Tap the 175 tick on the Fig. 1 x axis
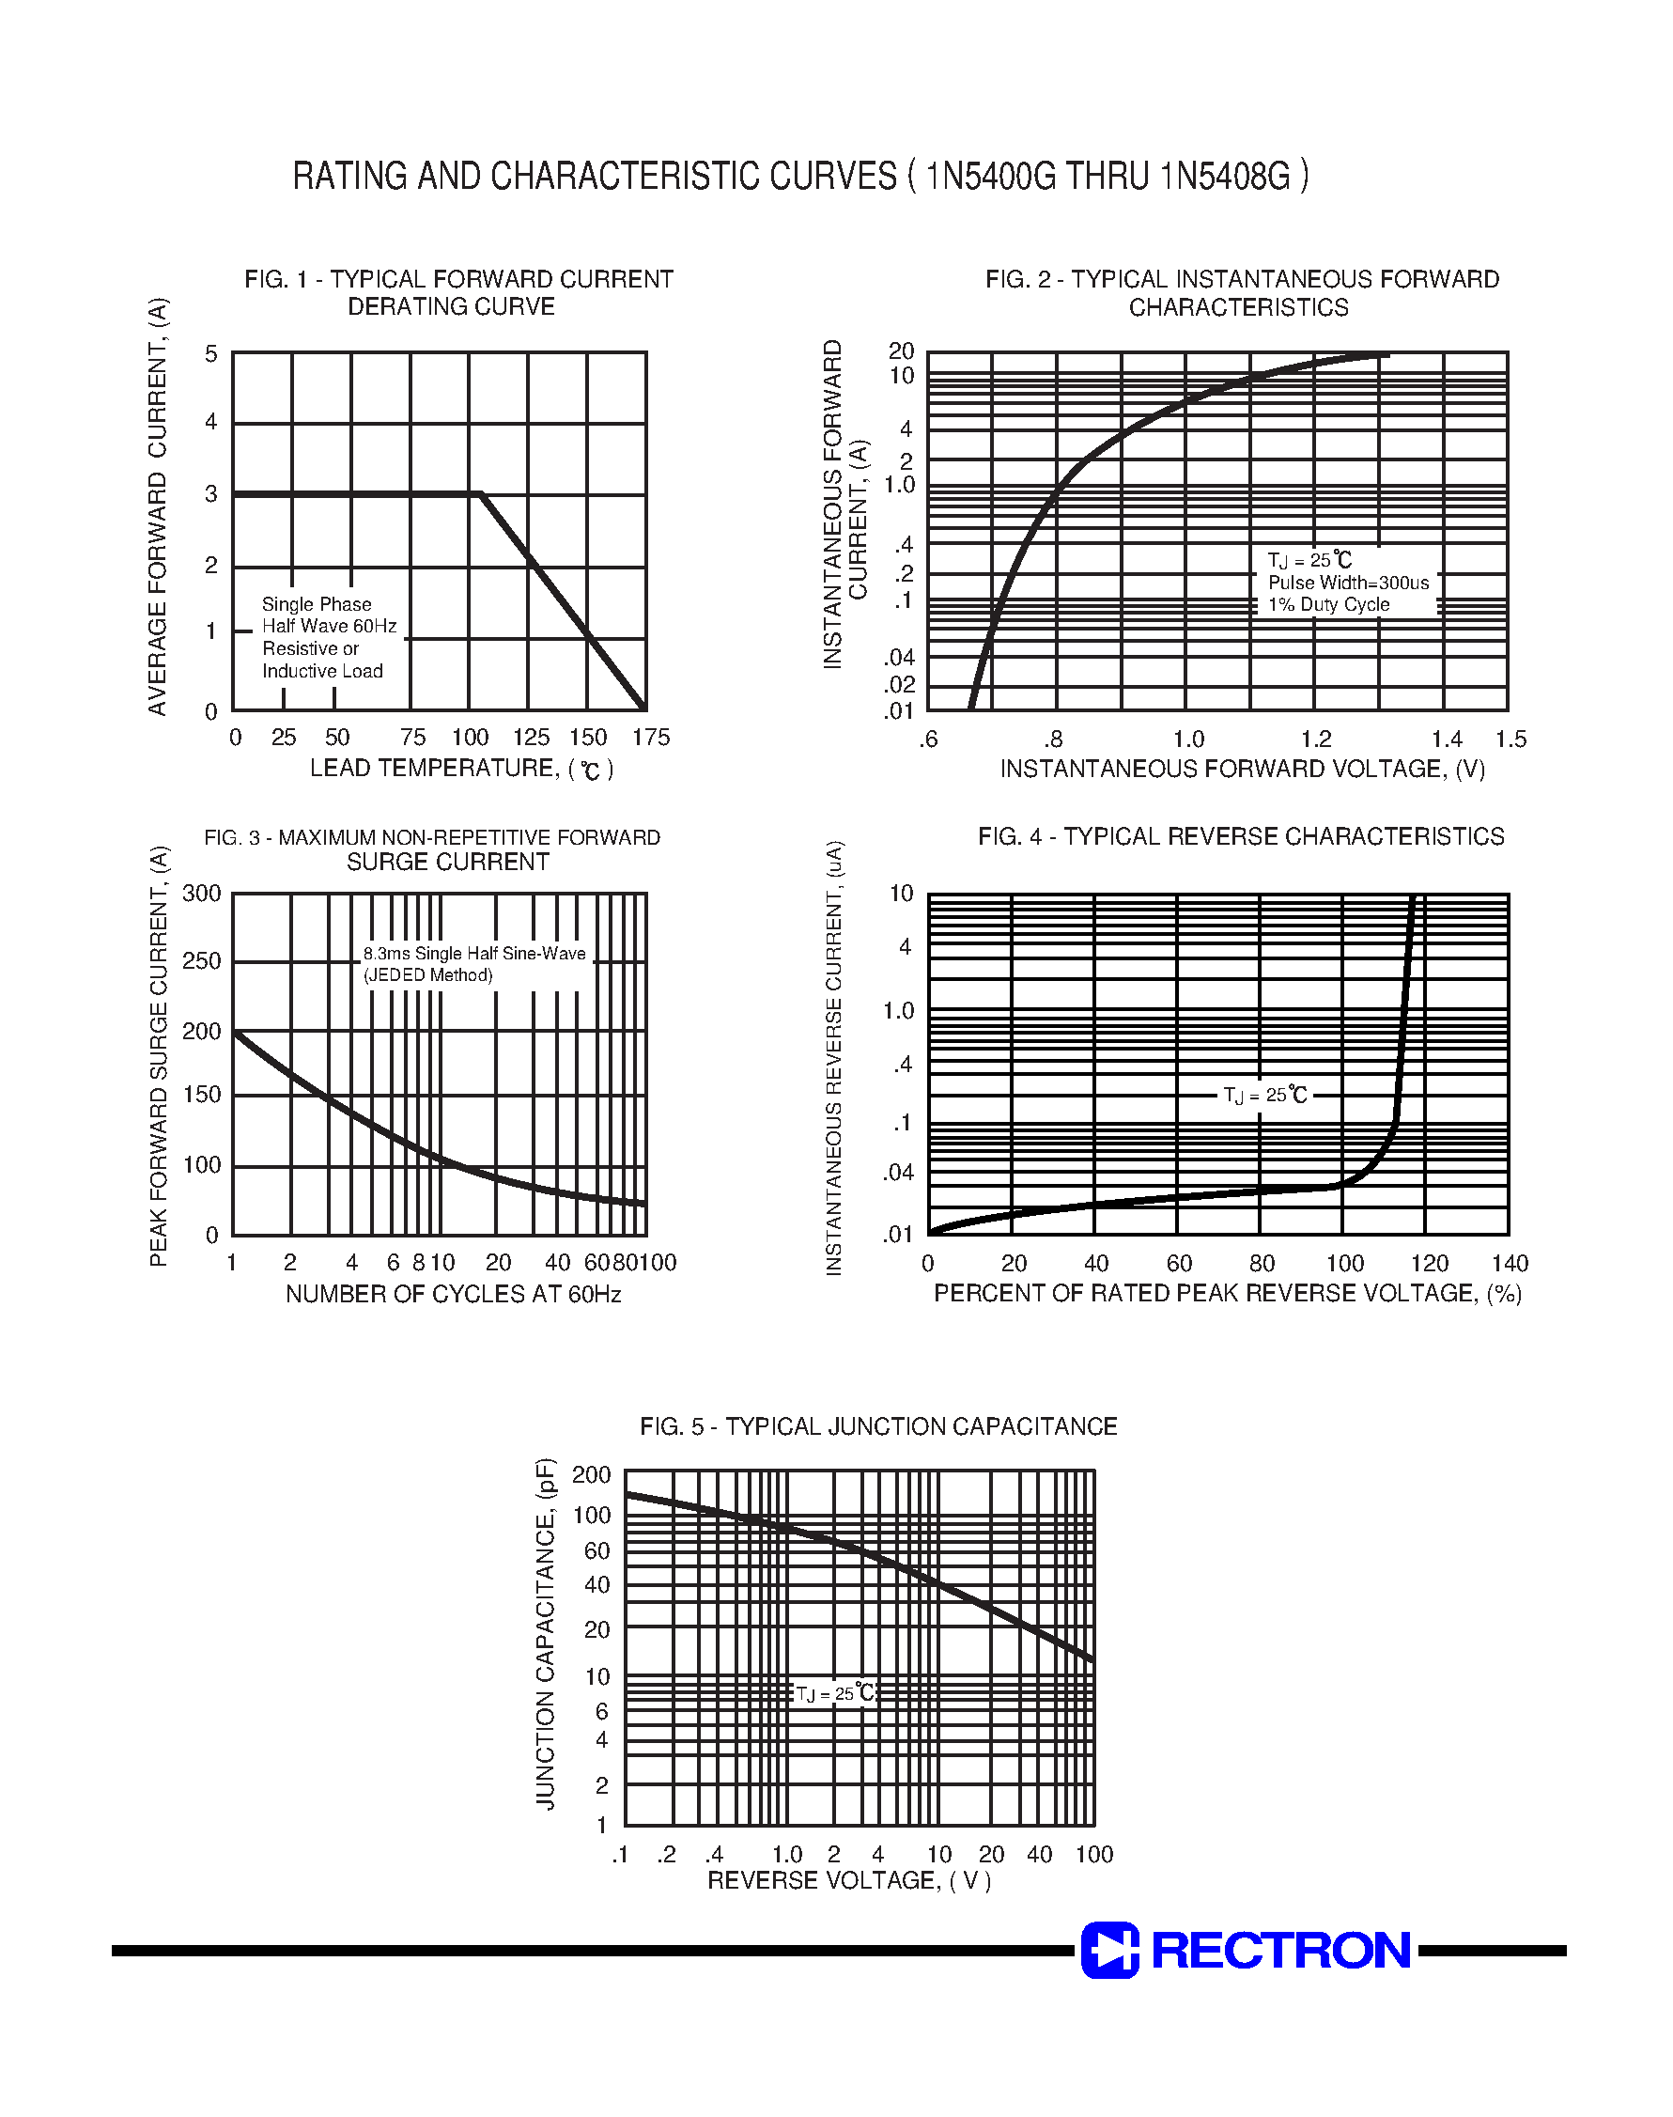click(651, 738)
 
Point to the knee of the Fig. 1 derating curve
click(480, 493)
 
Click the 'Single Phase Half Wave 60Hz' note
click(328, 615)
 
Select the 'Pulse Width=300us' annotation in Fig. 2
click(1348, 583)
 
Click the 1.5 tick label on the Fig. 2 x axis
click(1510, 739)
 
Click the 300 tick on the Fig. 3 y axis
click(203, 894)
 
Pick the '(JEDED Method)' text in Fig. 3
click(428, 975)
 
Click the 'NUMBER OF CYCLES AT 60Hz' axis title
click(454, 1295)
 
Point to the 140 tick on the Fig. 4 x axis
click(1510, 1264)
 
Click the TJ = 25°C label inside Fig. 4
click(1264, 1096)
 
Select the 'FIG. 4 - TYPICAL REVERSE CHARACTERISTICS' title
click(1240, 836)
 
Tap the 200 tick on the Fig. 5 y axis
click(591, 1475)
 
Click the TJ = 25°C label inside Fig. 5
click(834, 1694)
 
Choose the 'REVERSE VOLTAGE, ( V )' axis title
click(849, 1881)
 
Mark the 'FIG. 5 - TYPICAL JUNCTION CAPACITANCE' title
click(878, 1426)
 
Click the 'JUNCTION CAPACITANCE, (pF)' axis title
click(546, 1633)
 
